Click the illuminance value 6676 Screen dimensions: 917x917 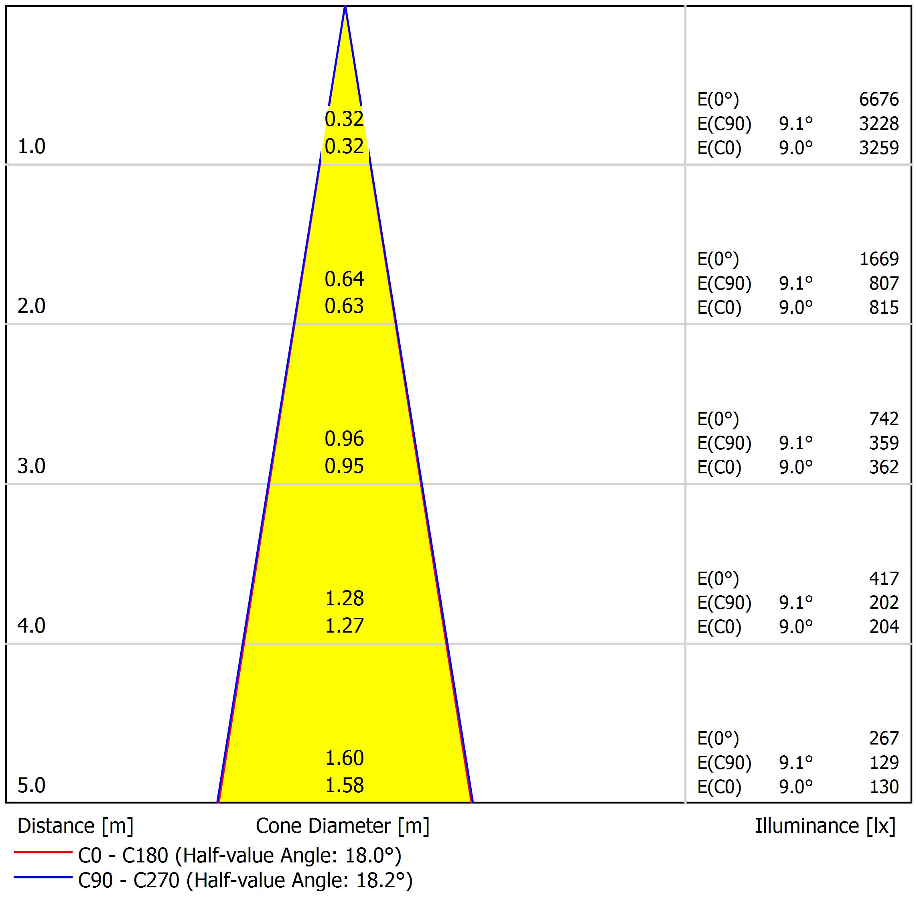point(878,99)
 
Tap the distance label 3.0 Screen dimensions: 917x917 point(31,466)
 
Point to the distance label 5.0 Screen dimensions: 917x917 point(31,785)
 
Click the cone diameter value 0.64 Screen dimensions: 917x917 point(344,279)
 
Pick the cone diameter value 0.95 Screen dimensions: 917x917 point(344,466)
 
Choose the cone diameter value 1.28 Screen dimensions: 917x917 point(344,598)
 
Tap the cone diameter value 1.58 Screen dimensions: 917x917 point(344,785)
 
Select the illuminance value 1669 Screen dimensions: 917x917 point(879,259)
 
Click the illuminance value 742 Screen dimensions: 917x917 point(884,419)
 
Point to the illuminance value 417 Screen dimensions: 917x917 point(884,578)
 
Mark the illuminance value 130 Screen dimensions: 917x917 point(884,787)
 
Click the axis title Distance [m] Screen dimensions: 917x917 point(75,826)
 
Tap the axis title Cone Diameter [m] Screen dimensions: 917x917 point(342,826)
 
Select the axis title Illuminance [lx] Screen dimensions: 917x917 point(825,826)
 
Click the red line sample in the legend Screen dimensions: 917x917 point(43,853)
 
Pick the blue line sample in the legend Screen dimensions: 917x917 point(43,878)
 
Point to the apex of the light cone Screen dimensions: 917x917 point(345,7)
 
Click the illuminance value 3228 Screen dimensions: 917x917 point(878,124)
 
